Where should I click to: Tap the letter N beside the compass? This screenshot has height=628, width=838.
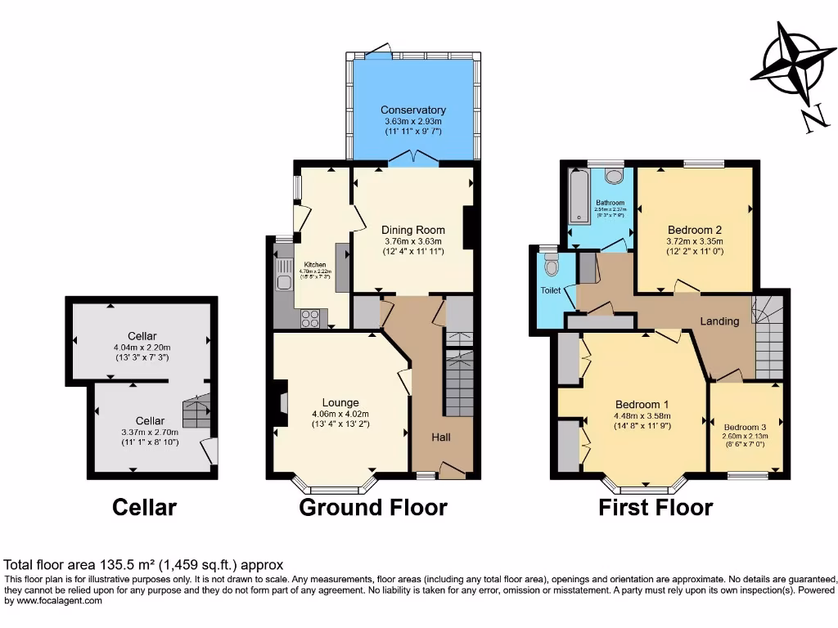tap(812, 120)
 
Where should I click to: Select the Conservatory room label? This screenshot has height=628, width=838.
tap(413, 110)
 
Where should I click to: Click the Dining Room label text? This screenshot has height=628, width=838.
tap(414, 230)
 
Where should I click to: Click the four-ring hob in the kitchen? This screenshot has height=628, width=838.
tap(310, 318)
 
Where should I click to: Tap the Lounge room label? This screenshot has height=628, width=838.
tap(340, 402)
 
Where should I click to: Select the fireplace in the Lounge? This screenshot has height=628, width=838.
tap(281, 403)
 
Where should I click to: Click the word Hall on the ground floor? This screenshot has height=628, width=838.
tap(441, 437)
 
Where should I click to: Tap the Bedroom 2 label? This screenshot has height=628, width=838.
tap(694, 230)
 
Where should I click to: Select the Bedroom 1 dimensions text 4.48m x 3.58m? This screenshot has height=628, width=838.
tap(642, 415)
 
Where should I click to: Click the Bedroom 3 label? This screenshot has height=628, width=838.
tap(745, 427)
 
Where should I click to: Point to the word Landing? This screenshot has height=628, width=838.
tap(719, 321)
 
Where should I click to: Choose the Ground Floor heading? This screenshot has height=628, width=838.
tap(373, 507)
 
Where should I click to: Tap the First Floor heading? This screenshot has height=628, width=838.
tap(656, 507)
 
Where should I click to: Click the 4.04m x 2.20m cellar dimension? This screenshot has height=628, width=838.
tap(142, 347)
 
